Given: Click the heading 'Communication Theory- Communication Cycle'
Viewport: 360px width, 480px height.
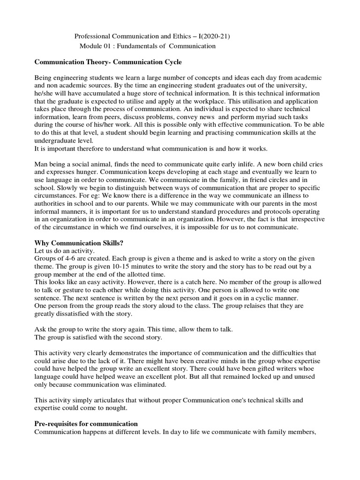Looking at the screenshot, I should pyautogui.click(x=108, y=62).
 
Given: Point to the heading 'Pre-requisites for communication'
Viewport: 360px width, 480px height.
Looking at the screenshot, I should pyautogui.click(x=86, y=423).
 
